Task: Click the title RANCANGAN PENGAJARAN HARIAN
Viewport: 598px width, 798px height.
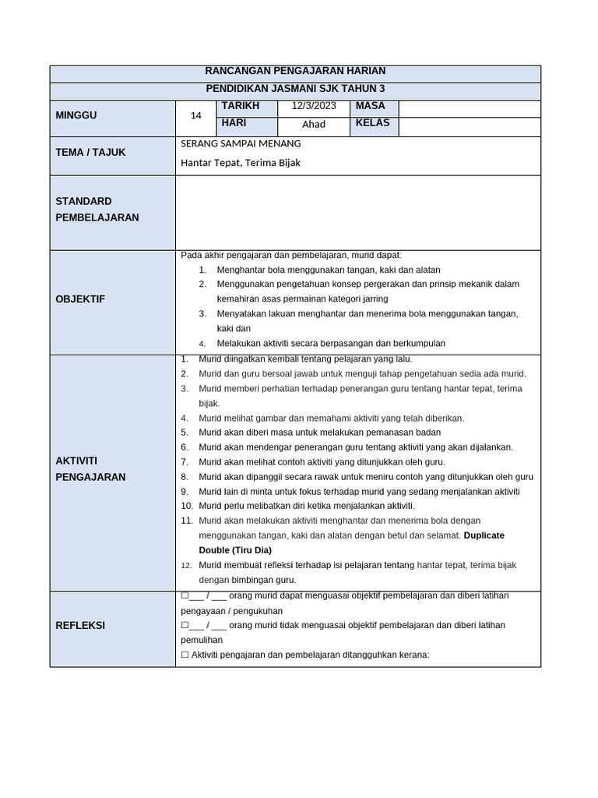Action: tap(295, 71)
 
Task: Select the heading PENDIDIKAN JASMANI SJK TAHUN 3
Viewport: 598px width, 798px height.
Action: tap(295, 89)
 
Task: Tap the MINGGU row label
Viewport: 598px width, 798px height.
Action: tap(76, 115)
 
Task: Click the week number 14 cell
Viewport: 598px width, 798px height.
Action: tap(196, 115)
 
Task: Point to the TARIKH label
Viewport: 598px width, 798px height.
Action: tap(241, 106)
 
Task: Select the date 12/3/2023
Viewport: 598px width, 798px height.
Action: tap(314, 106)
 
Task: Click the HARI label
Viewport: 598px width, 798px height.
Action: tap(234, 123)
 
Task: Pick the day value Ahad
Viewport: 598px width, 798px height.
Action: tap(314, 124)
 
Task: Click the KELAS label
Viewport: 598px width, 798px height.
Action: tap(373, 123)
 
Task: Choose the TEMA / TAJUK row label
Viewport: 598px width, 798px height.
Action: tap(90, 152)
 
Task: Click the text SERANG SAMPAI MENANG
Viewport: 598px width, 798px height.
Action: tap(241, 143)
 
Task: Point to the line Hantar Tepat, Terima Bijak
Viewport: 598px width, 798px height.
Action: tap(241, 163)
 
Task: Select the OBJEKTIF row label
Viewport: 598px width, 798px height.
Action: tap(80, 299)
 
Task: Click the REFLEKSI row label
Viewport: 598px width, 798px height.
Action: tap(80, 625)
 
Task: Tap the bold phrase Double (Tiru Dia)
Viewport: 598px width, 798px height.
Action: tap(235, 550)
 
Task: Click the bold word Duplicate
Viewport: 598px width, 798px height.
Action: tap(484, 535)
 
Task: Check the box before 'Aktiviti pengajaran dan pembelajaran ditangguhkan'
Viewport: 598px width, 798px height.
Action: tap(185, 655)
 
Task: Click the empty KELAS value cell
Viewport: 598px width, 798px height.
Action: tap(469, 127)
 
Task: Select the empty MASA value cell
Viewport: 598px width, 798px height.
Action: tap(469, 108)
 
